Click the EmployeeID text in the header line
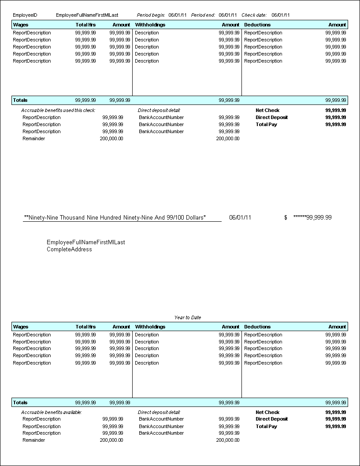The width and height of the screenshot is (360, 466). [x=25, y=15]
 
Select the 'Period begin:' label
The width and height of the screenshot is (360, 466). [x=151, y=15]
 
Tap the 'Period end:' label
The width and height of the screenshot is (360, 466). [x=203, y=15]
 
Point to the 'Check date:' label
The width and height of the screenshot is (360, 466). [x=254, y=15]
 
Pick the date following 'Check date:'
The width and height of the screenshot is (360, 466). [x=281, y=15]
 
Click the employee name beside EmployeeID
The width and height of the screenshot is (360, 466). [x=87, y=15]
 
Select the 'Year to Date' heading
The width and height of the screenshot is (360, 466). [x=188, y=317]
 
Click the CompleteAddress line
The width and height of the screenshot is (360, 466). [x=69, y=250]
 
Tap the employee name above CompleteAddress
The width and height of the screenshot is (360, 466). [x=85, y=242]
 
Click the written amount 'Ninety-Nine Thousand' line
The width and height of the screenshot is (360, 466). [x=115, y=217]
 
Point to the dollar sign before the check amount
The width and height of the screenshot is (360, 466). [x=286, y=217]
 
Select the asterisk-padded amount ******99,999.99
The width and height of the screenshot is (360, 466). [x=312, y=217]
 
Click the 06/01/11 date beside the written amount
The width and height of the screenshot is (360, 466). [x=240, y=217]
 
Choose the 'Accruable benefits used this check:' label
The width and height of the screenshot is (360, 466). [x=58, y=110]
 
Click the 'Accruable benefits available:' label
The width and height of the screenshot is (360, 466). [x=52, y=412]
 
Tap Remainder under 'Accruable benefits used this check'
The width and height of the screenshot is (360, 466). [x=33, y=138]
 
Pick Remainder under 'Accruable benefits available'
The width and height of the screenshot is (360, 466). [x=33, y=440]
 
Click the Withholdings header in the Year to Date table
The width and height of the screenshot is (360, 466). [x=150, y=327]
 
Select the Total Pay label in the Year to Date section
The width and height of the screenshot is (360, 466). [x=266, y=426]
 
